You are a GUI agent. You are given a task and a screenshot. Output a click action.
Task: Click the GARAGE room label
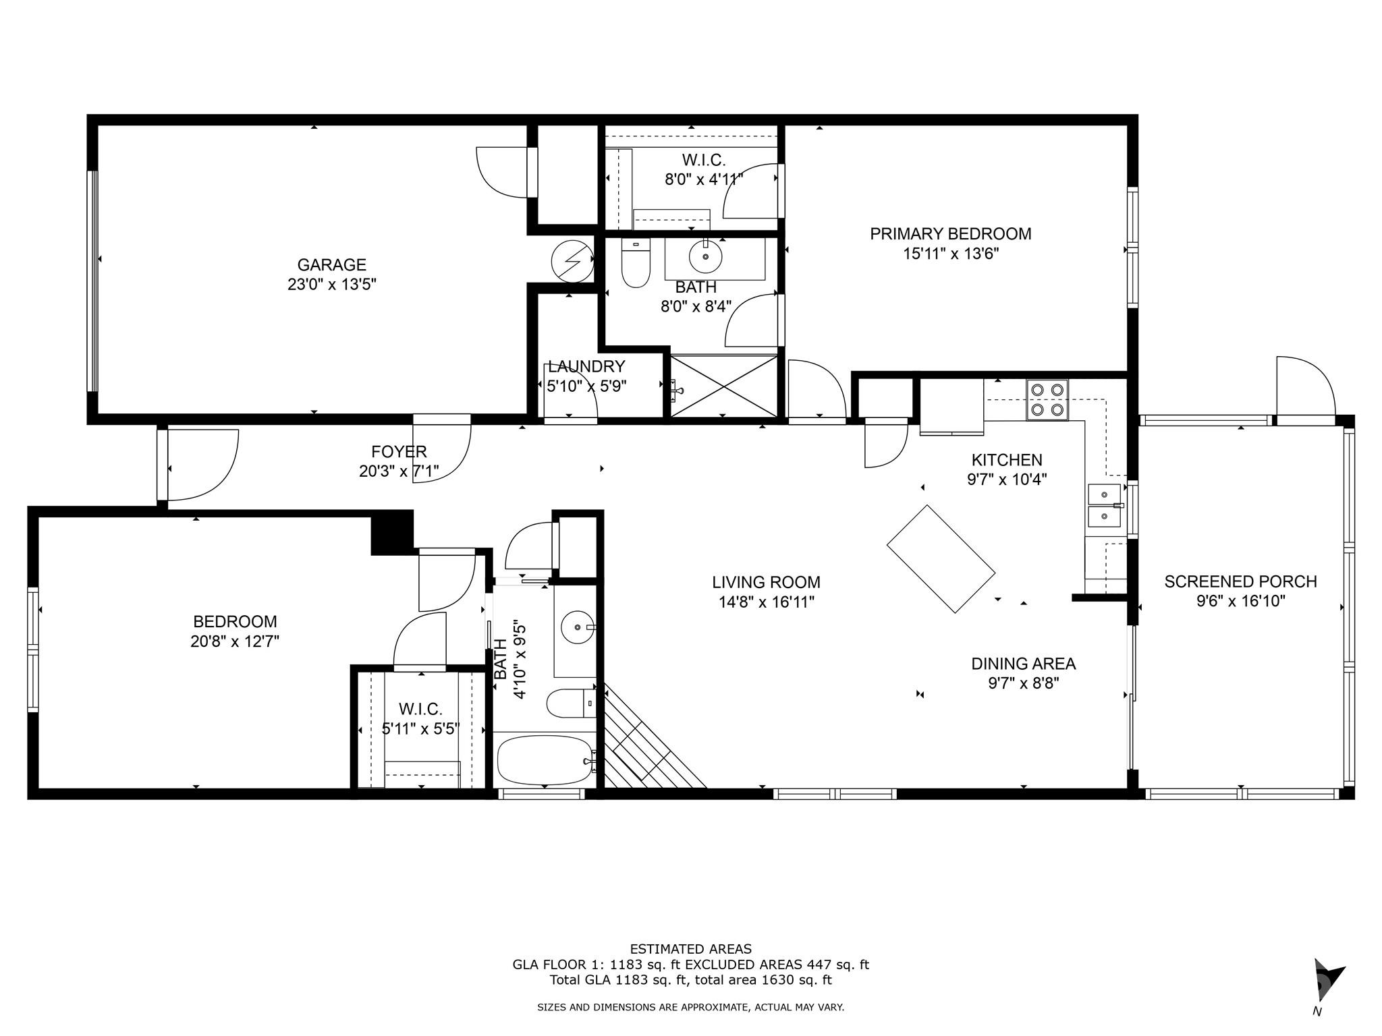click(x=331, y=264)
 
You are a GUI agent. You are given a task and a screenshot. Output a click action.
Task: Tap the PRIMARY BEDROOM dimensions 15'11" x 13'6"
click(x=950, y=254)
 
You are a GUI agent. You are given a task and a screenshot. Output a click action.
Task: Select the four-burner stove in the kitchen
click(x=1047, y=400)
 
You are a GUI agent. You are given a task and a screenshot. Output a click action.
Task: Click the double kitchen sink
click(x=1104, y=505)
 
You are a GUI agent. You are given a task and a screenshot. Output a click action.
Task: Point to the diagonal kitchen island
click(x=941, y=558)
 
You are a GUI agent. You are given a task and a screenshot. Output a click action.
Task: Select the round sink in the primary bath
click(x=705, y=257)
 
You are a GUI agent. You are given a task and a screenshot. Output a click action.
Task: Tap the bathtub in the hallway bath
click(x=545, y=760)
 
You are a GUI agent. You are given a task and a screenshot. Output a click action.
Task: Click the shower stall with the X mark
click(x=723, y=386)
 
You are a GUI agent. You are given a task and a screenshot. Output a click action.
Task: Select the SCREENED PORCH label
click(x=1240, y=581)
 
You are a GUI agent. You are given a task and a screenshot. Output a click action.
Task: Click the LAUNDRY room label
click(x=586, y=367)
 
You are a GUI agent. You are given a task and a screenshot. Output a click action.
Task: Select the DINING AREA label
click(x=1023, y=664)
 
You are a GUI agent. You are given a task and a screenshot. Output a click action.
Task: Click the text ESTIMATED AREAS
click(x=690, y=949)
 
